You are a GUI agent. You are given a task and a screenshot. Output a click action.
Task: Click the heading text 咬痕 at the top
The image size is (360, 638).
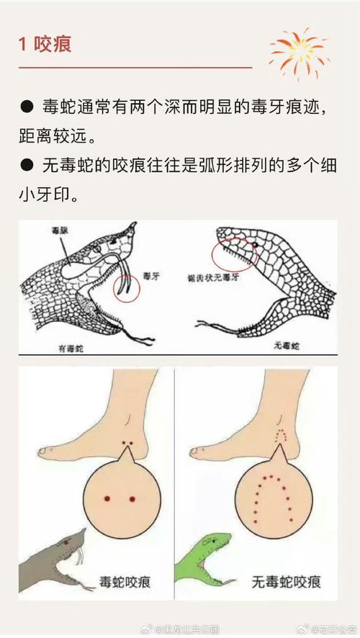pos(53,45)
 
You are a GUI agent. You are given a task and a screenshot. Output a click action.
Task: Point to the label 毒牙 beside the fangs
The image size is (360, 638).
pos(152,275)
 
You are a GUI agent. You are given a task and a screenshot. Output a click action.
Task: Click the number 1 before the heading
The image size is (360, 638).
pos(23,45)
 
